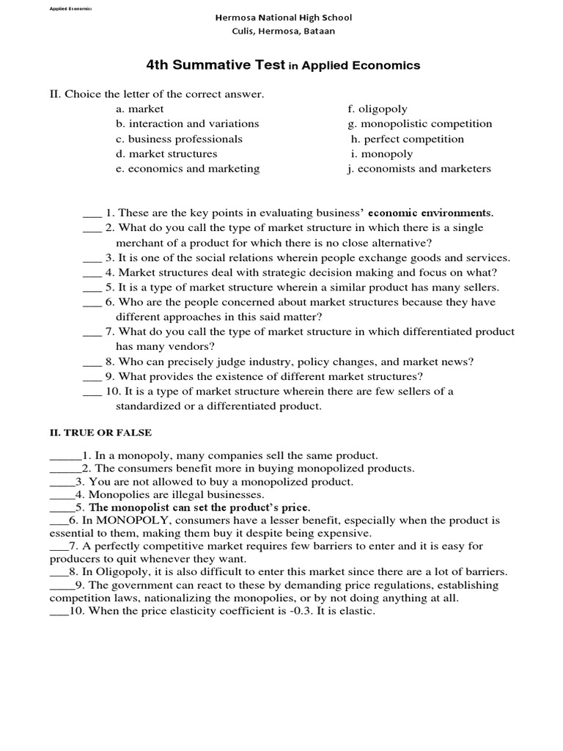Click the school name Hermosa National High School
coord(282,17)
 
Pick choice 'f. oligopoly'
coord(378,109)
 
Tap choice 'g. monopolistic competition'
coord(420,124)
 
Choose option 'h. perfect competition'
coord(408,139)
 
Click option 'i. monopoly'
coord(382,154)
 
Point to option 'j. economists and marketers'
coord(419,169)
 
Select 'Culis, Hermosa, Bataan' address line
coord(282,31)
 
